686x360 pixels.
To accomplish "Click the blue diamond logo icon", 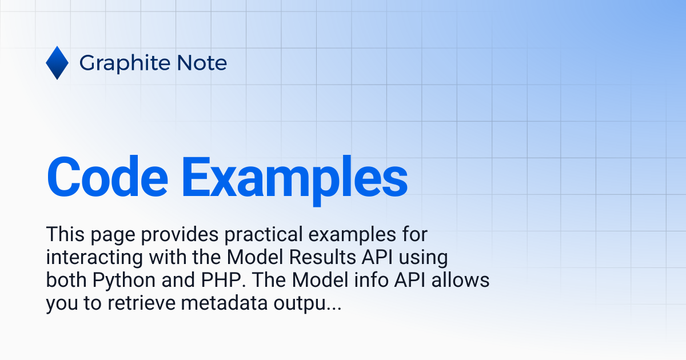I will pos(57,63).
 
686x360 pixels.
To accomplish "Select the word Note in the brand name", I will pos(203,63).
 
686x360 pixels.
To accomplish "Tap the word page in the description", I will pos(110,234).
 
